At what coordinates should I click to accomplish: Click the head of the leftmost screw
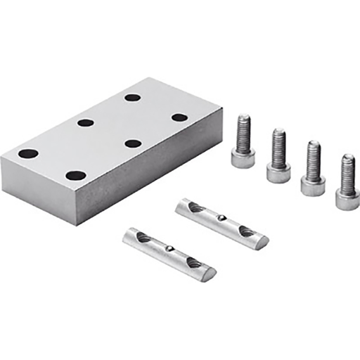242,157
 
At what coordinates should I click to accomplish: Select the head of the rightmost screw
347,199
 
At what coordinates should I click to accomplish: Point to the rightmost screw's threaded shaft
347,172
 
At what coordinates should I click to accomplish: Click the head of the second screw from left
278,172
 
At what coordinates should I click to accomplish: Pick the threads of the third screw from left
314,158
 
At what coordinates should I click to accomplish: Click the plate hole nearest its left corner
28,153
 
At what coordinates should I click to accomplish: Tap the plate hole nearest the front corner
75,176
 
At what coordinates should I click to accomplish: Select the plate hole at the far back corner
132,97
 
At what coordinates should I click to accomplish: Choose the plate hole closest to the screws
179,117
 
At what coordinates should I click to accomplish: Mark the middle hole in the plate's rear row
86,122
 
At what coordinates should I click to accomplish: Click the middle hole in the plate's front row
133,143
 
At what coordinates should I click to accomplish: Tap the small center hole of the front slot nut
171,247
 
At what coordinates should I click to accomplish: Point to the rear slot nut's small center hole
223,218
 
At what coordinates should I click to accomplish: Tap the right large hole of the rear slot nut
247,230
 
